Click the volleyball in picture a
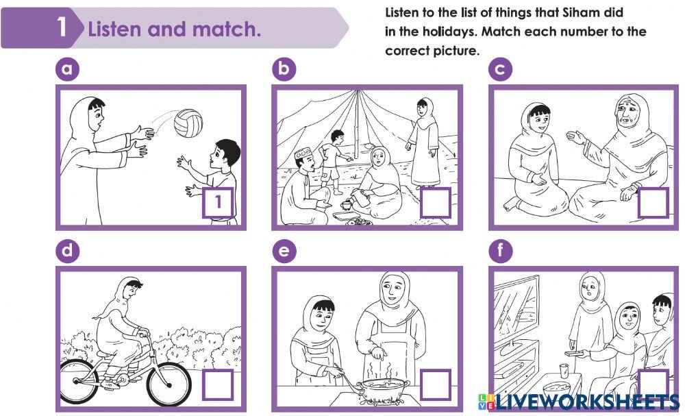[188, 123]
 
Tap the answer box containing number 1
[218, 202]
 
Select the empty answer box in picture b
[435, 202]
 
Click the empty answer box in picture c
[653, 202]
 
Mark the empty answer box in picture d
[218, 384]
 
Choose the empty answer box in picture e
[435, 384]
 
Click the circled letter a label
[67, 69]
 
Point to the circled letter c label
[500, 69]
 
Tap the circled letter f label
[500, 251]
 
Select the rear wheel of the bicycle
[79, 382]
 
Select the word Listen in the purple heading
[115, 29]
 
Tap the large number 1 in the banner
[62, 27]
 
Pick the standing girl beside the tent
[423, 143]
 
